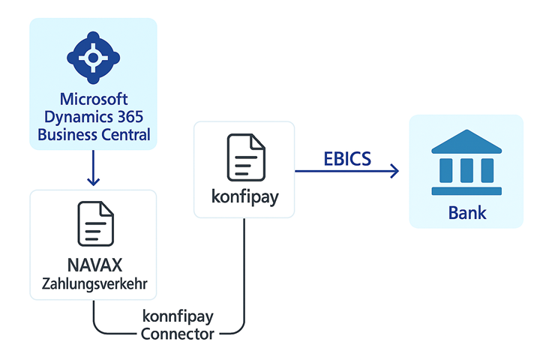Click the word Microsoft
(93, 100)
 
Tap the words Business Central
(93, 135)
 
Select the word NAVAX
(93, 265)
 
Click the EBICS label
(348, 159)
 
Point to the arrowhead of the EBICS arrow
(394, 172)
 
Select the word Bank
(466, 212)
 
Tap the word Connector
(177, 334)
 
